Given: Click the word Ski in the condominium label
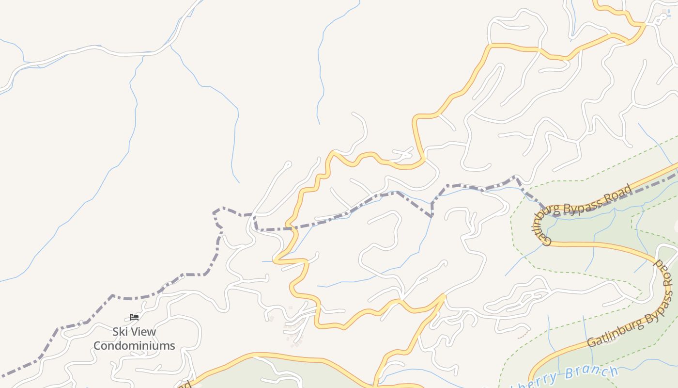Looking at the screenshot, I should (121, 332).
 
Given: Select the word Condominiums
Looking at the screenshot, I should (134, 346).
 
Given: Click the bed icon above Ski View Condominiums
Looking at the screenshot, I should (134, 317).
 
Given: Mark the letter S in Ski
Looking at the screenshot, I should (116, 332).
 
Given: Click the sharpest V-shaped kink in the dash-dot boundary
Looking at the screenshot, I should (431, 216).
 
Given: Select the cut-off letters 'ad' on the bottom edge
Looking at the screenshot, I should (185, 385).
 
